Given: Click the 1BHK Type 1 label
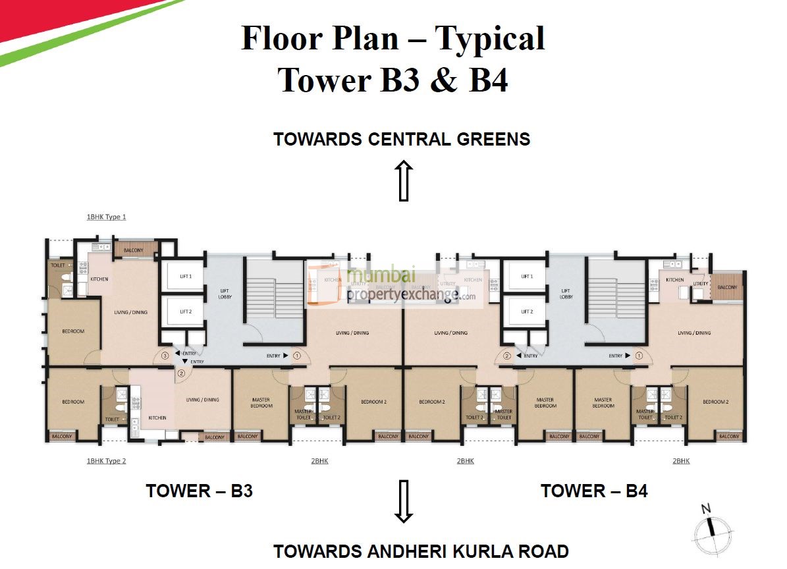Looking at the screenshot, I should click(x=106, y=217).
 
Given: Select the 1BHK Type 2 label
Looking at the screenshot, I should click(x=106, y=461).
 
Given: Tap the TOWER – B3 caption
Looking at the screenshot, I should click(x=199, y=491).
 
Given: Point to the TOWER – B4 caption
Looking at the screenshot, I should click(x=594, y=491).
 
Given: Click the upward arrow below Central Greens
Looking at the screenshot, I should click(x=404, y=180).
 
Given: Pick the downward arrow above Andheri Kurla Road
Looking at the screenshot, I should click(x=404, y=501).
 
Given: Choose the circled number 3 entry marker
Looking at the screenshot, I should click(x=165, y=356).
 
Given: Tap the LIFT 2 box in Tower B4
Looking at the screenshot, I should click(x=526, y=312).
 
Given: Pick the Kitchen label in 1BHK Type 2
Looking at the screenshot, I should click(x=157, y=418).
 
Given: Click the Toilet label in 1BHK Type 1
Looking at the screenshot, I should click(x=58, y=265).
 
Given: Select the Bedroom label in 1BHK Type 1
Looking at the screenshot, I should click(x=73, y=331).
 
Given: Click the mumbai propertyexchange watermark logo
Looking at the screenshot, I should click(x=395, y=284).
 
